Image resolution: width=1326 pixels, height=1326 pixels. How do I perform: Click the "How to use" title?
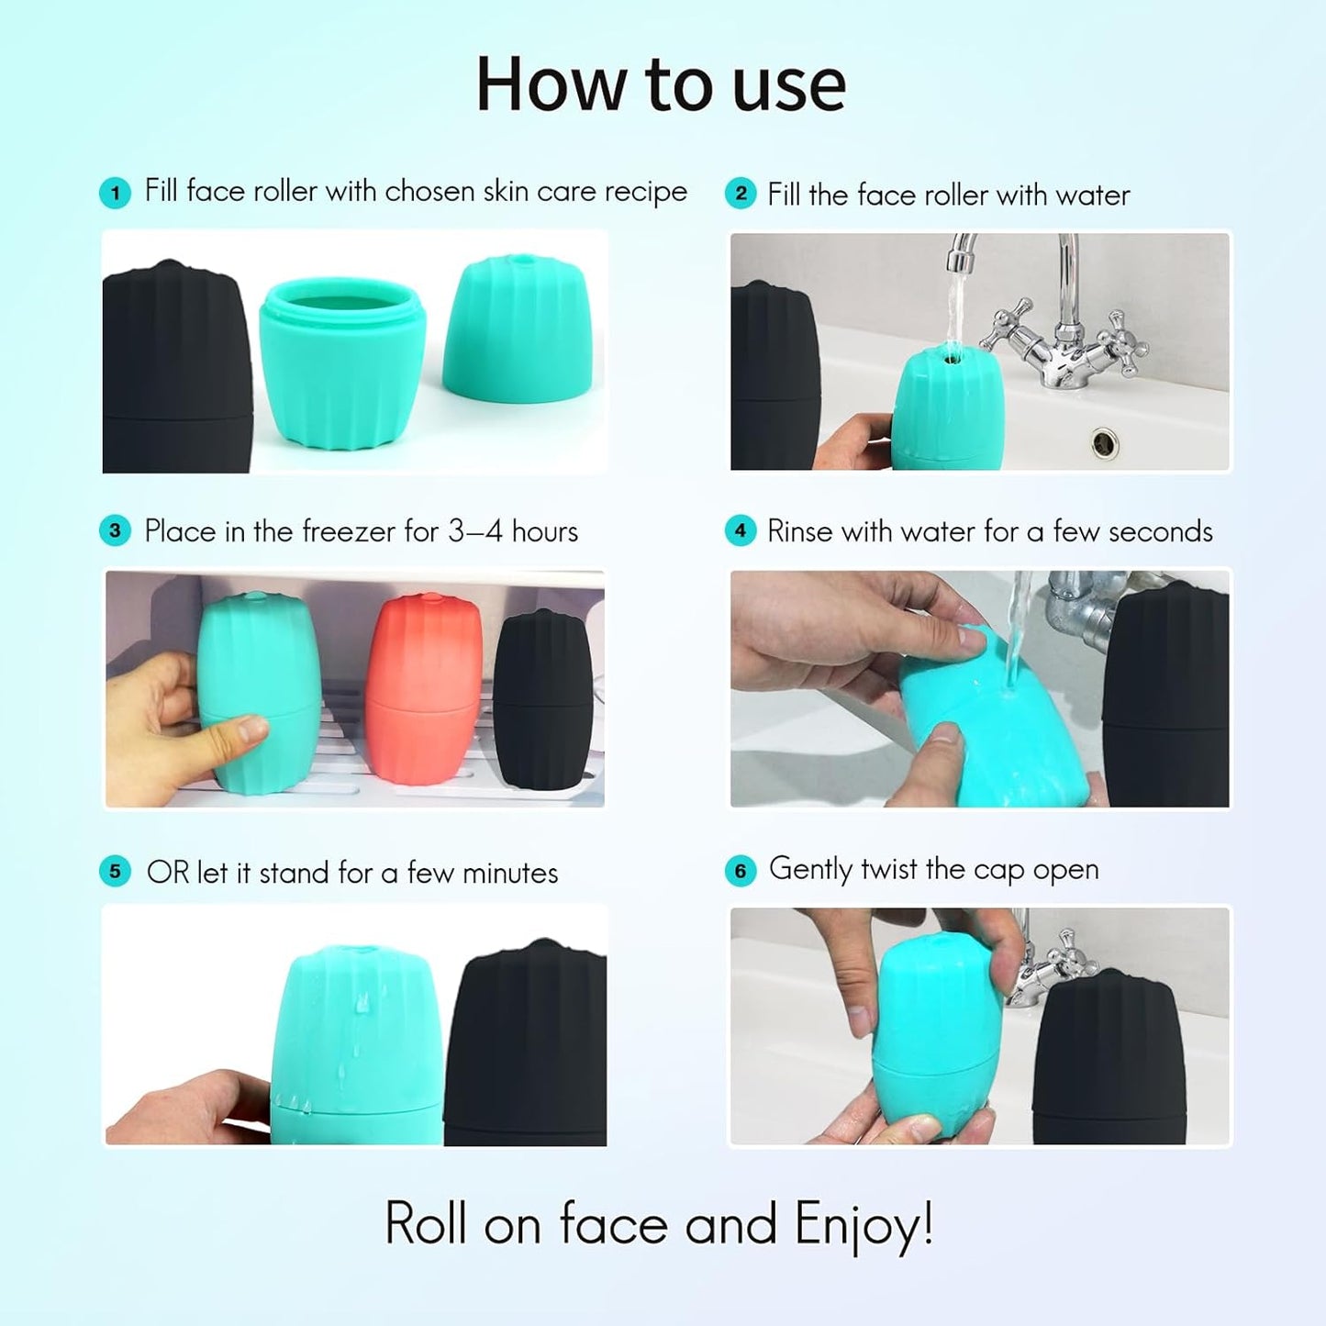(661, 84)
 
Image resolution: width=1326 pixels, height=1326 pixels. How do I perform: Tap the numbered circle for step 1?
(115, 193)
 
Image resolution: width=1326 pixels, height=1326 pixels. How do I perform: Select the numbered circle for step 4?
(741, 530)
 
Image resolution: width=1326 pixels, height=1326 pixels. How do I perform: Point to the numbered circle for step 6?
(741, 871)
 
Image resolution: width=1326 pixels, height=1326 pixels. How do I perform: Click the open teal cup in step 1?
(341, 362)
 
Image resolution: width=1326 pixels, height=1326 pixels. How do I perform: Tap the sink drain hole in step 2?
(1104, 443)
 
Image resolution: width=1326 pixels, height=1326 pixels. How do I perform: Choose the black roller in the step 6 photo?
(1109, 1060)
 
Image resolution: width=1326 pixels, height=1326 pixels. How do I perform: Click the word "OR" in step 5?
(167, 873)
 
